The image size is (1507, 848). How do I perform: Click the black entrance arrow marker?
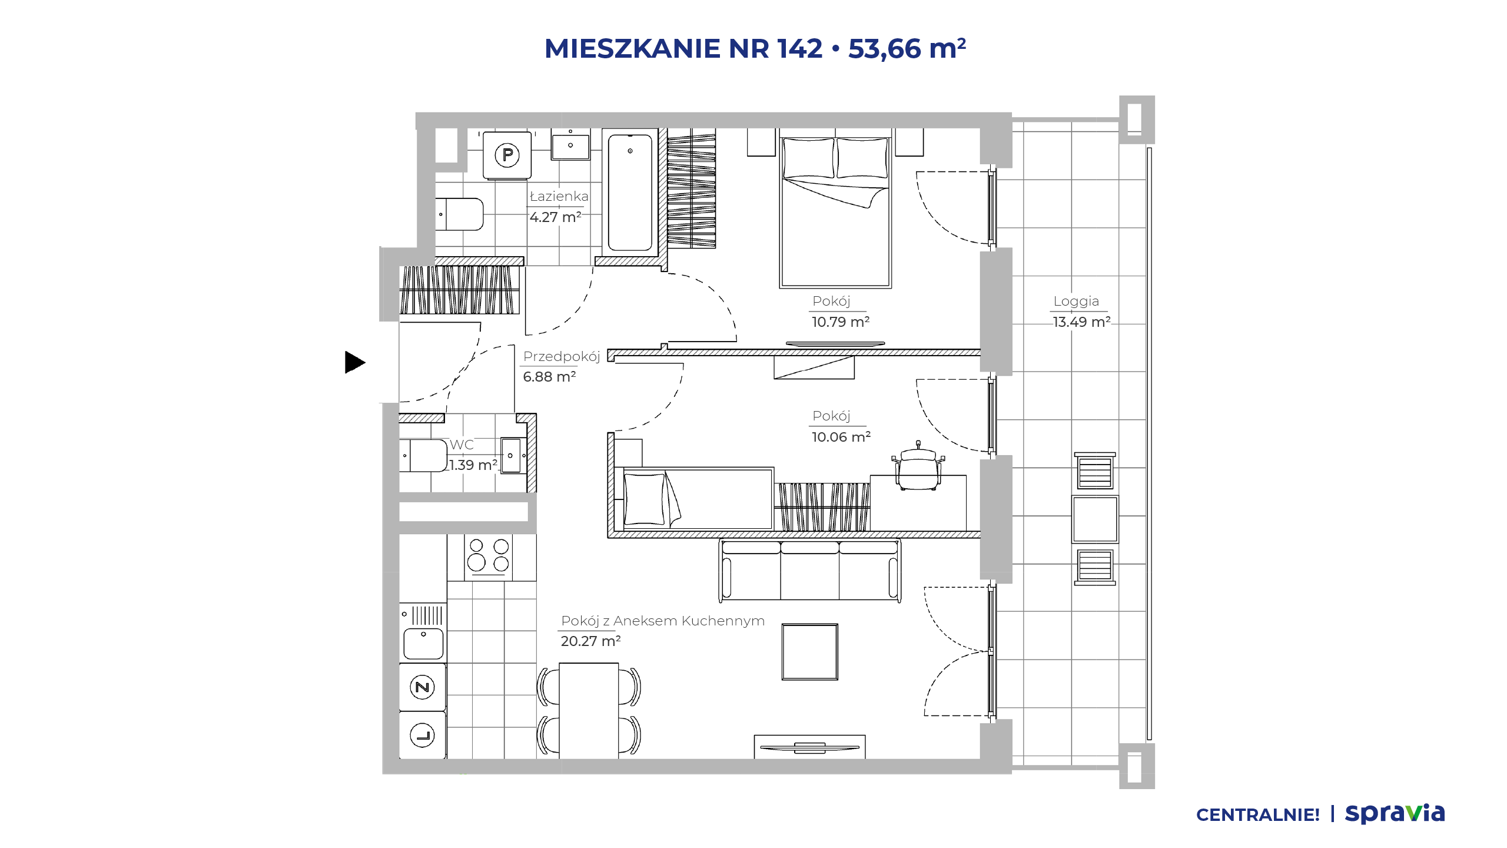coord(354,362)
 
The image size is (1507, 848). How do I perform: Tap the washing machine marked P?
coord(507,155)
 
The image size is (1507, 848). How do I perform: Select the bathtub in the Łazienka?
coord(630,192)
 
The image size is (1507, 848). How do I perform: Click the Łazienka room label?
coord(559,196)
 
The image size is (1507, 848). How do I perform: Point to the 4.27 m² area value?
coord(555,217)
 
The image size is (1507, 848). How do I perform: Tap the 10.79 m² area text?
coord(840,322)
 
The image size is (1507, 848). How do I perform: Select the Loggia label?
coord(1076,301)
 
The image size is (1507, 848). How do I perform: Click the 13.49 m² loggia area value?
coord(1081,322)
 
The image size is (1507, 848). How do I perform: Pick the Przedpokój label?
coord(562,356)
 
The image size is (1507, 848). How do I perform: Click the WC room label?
coord(462,445)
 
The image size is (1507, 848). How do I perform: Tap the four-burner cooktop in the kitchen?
coord(488,556)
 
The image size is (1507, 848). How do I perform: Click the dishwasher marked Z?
coord(422,687)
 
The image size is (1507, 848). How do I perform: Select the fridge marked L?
coord(422,735)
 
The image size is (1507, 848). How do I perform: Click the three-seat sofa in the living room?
coord(810,571)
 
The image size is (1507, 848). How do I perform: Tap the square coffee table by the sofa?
coord(809,652)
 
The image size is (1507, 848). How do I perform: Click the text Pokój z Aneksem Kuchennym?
coord(663,621)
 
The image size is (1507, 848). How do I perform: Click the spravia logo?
coord(1395,813)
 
